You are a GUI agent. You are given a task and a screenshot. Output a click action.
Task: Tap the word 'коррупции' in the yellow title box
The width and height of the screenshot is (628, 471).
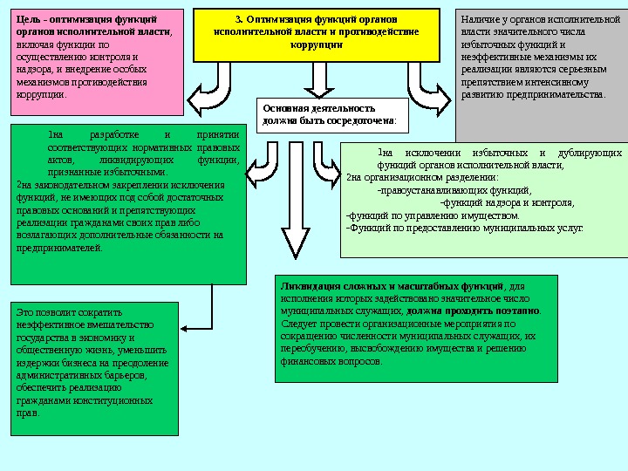316,44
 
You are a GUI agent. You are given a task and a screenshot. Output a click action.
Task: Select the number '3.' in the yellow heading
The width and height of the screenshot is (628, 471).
239,19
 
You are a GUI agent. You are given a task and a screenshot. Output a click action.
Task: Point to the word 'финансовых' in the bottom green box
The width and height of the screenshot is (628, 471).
309,360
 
